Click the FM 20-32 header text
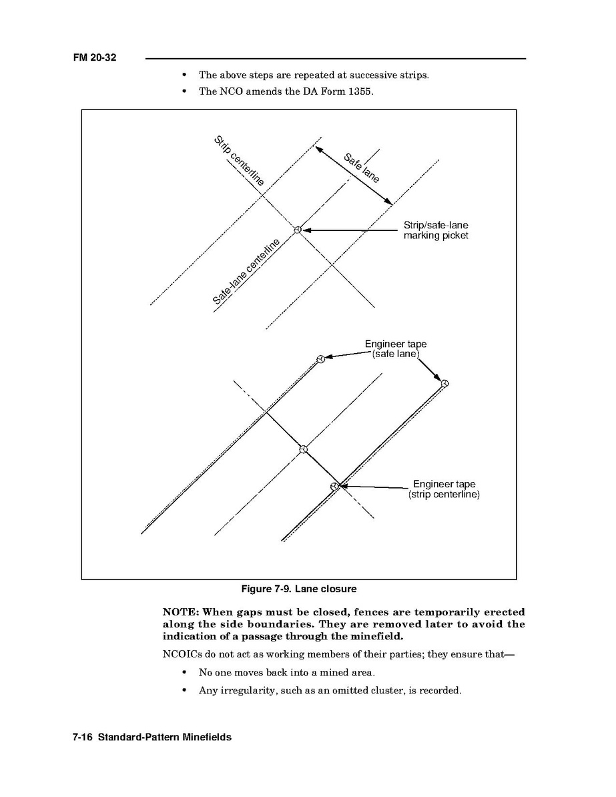95,58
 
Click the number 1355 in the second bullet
360,91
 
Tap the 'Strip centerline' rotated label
239,161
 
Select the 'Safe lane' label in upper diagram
362,168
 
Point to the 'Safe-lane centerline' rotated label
246,272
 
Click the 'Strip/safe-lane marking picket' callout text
436,230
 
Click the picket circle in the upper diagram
298,230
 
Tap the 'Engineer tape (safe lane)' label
396,349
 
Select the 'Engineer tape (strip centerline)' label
444,489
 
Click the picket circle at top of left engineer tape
320,359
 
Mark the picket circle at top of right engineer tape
445,383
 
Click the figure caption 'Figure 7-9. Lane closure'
298,589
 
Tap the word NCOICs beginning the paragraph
182,654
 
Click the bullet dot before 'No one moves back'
183,672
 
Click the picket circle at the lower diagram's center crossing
303,449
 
